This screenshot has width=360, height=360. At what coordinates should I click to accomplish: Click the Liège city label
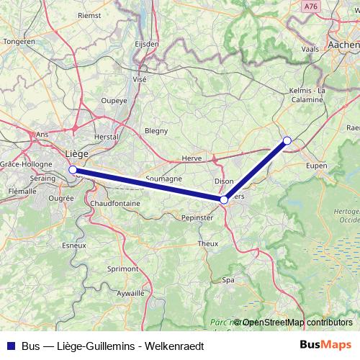(x=76, y=153)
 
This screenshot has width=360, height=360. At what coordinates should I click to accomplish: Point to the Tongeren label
(x=19, y=42)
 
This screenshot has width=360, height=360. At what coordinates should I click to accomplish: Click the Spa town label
(x=228, y=279)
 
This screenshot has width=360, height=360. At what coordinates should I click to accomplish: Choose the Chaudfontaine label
(x=115, y=204)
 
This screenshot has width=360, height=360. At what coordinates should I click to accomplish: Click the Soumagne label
(x=163, y=179)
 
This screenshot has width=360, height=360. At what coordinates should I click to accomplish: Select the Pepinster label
(x=197, y=217)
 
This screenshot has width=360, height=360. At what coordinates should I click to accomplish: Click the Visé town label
(x=139, y=79)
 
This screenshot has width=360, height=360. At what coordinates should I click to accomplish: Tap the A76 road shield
(x=310, y=6)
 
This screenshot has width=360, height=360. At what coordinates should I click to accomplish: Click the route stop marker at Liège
(x=73, y=170)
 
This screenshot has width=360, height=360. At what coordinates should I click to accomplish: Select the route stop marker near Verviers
(x=225, y=199)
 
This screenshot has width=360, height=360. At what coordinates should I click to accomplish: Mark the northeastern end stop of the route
(x=287, y=140)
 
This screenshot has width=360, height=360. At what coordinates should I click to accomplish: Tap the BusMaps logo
(x=325, y=346)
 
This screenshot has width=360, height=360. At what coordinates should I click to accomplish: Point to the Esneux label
(x=74, y=245)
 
